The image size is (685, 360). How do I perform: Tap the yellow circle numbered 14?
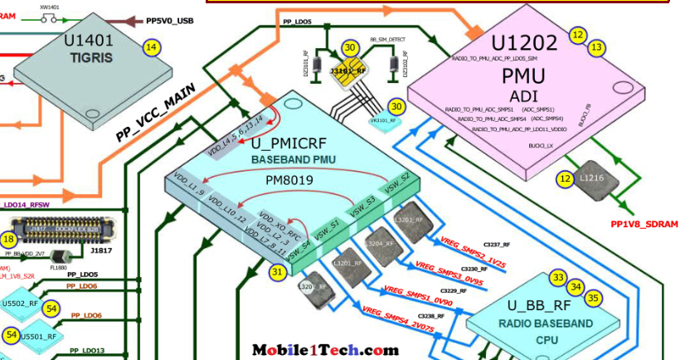151,48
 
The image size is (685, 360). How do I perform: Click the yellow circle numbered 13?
595,49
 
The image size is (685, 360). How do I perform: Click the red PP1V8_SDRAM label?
644,224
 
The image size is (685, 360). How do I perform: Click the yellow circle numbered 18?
8,239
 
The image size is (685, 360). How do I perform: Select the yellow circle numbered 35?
592,297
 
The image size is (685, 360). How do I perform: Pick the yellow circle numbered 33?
559,278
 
